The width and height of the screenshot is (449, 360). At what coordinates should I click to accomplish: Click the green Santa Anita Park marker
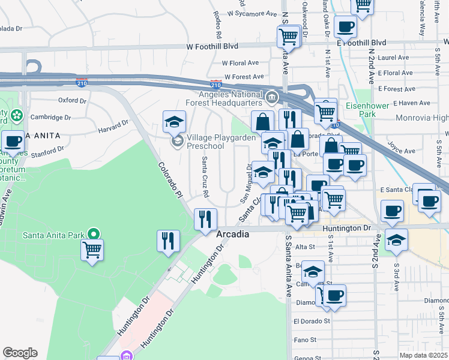pyautogui.click(x=93, y=234)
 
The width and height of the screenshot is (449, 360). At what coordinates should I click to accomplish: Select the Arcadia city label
pyautogui.click(x=232, y=234)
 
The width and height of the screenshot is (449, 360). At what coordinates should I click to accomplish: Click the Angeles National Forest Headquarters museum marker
pyautogui.click(x=271, y=97)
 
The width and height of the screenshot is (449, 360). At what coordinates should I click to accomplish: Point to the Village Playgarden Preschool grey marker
pyautogui.click(x=177, y=142)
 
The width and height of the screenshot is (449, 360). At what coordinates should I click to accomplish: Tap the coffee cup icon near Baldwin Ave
pyautogui.click(x=12, y=142)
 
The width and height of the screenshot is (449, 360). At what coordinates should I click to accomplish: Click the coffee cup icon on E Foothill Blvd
pyautogui.click(x=346, y=27)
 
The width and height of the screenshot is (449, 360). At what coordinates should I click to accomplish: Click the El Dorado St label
pyautogui.click(x=312, y=321)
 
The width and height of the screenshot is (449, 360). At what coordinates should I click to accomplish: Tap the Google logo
pyautogui.click(x=20, y=353)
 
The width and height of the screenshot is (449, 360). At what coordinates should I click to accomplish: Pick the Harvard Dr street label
pyautogui.click(x=113, y=125)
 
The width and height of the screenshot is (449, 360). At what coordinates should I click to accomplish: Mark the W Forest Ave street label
pyautogui.click(x=244, y=77)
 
